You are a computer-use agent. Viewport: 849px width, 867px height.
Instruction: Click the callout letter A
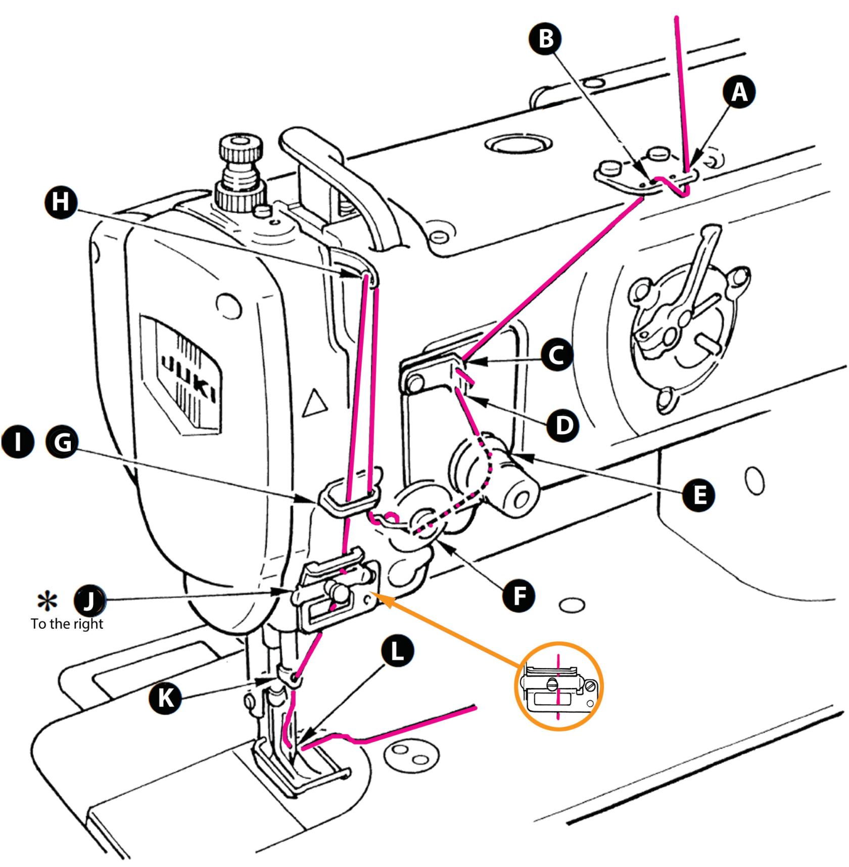point(739,93)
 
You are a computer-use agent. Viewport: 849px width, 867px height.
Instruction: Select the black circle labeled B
point(546,38)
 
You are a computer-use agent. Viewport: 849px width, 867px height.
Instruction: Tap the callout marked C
point(556,355)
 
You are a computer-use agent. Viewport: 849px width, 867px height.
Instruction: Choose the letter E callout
point(699,495)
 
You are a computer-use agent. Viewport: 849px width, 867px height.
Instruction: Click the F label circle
point(519,595)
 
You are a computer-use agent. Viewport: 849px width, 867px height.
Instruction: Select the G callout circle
point(62,442)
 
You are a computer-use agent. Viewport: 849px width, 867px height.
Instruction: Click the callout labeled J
point(90,601)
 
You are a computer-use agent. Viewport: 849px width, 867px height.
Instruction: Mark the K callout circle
point(165,698)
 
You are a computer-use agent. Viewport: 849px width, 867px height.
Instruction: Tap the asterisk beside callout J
point(48,601)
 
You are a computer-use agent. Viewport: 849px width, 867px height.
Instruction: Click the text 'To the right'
point(67,624)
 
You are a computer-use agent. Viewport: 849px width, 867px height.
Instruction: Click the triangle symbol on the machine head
point(314,403)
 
